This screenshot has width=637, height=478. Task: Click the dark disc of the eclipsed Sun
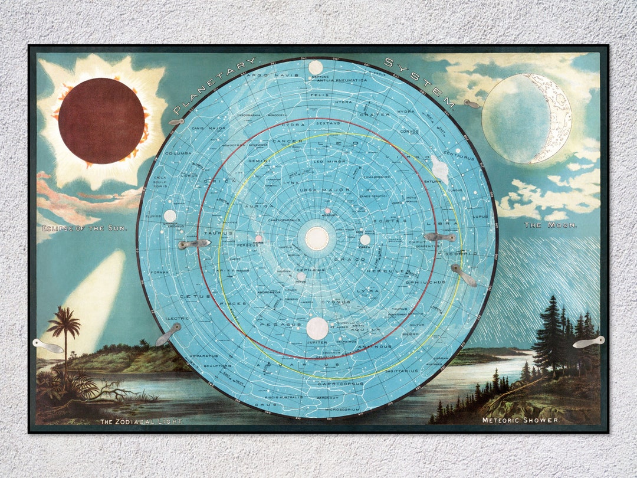[101, 120]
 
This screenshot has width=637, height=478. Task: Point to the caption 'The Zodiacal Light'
[142, 421]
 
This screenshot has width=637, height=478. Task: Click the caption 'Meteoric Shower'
[519, 420]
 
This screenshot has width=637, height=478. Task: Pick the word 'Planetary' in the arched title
[215, 84]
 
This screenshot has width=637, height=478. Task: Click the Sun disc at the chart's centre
[317, 238]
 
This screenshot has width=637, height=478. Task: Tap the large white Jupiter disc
[317, 328]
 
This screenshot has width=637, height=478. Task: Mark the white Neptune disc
[316, 68]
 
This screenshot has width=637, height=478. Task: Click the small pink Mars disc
[258, 239]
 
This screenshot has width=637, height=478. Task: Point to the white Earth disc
[365, 240]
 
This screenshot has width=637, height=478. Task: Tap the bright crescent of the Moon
[557, 118]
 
